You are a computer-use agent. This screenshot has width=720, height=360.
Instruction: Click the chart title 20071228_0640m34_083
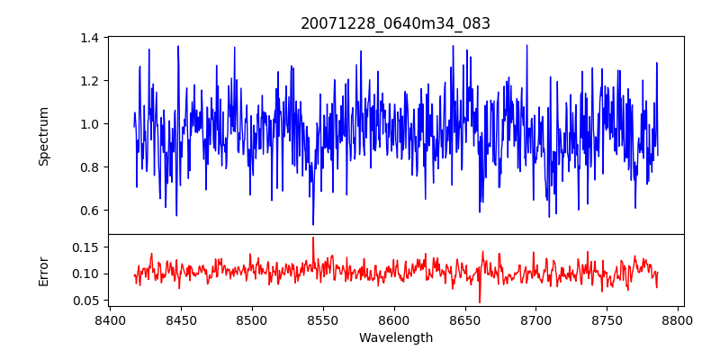[395, 23]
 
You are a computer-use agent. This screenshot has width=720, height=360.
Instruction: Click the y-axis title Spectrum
[43, 136]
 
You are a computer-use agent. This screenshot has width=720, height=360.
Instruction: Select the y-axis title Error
[43, 270]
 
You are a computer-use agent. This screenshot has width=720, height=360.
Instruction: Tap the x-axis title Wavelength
[395, 338]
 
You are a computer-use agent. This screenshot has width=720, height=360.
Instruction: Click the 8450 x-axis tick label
[181, 319]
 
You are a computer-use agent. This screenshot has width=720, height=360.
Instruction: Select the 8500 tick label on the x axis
[252, 319]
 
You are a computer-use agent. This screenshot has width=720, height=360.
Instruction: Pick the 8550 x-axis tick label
[323, 319]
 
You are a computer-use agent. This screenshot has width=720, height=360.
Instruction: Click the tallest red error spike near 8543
[313, 238]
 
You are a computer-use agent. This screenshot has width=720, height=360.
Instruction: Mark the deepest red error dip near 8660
[480, 301]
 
